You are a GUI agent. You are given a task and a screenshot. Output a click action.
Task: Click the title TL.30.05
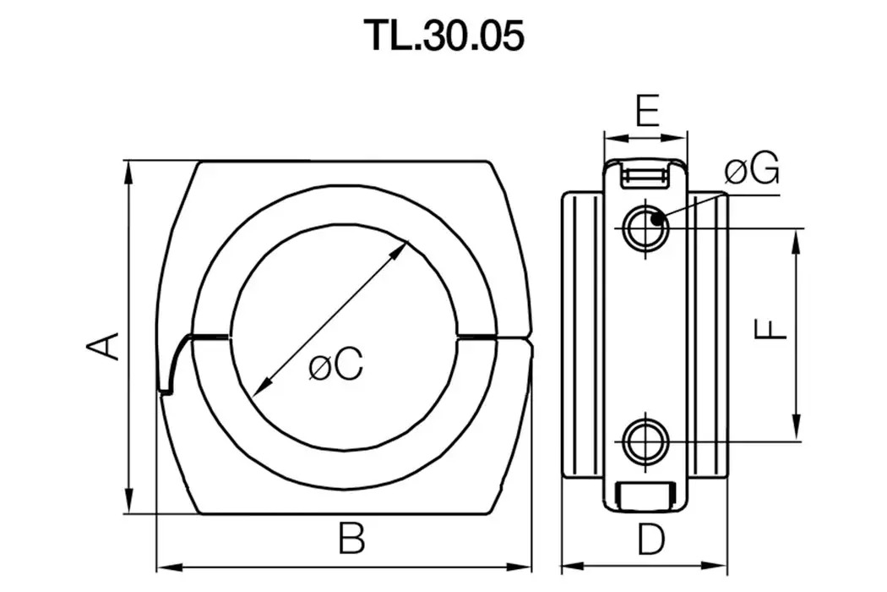pyautogui.click(x=443, y=36)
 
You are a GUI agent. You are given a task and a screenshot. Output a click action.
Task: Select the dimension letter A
pyautogui.click(x=101, y=346)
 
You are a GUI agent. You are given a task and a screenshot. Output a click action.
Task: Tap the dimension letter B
pyautogui.click(x=351, y=539)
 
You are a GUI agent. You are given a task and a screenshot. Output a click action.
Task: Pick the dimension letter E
pyautogui.click(x=646, y=111)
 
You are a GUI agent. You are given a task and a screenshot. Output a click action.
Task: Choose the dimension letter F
pyautogui.click(x=770, y=330)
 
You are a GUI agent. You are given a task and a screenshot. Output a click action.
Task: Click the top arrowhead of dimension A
pyautogui.click(x=128, y=168)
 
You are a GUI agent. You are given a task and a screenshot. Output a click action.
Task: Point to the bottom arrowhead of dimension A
pyautogui.click(x=128, y=503)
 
